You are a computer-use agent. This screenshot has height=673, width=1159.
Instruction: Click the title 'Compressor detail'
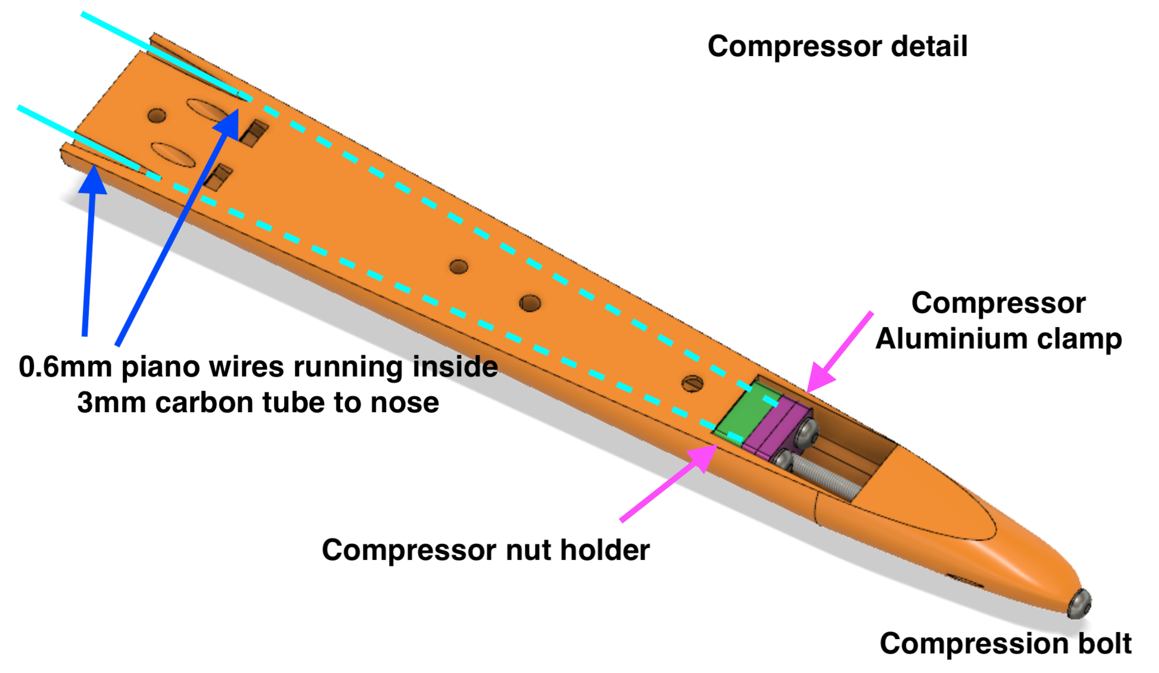[x=837, y=46]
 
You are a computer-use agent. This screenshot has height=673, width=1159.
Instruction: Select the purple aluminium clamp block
[x=774, y=426]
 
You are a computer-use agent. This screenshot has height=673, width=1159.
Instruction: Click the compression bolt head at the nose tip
[x=1079, y=604]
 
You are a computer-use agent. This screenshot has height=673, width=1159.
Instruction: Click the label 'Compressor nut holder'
[x=485, y=549]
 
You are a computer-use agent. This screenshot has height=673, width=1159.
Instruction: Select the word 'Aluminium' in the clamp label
[x=951, y=339]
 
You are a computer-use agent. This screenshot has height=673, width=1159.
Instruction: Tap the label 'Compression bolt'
[x=1005, y=643]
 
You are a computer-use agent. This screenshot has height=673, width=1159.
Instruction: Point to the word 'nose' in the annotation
[x=404, y=403]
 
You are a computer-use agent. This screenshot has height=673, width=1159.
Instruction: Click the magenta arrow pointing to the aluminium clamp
[x=840, y=351]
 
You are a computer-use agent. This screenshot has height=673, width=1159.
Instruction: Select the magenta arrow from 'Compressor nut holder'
[x=667, y=484]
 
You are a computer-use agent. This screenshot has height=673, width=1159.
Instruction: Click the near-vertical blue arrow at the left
[x=89, y=250]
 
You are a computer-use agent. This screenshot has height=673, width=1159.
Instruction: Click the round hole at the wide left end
[x=157, y=115]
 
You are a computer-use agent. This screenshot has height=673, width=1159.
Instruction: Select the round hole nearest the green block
[x=692, y=383]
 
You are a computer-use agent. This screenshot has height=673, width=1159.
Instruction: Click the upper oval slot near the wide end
[x=208, y=111]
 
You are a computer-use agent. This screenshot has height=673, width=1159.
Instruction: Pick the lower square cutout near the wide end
[x=217, y=176]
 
